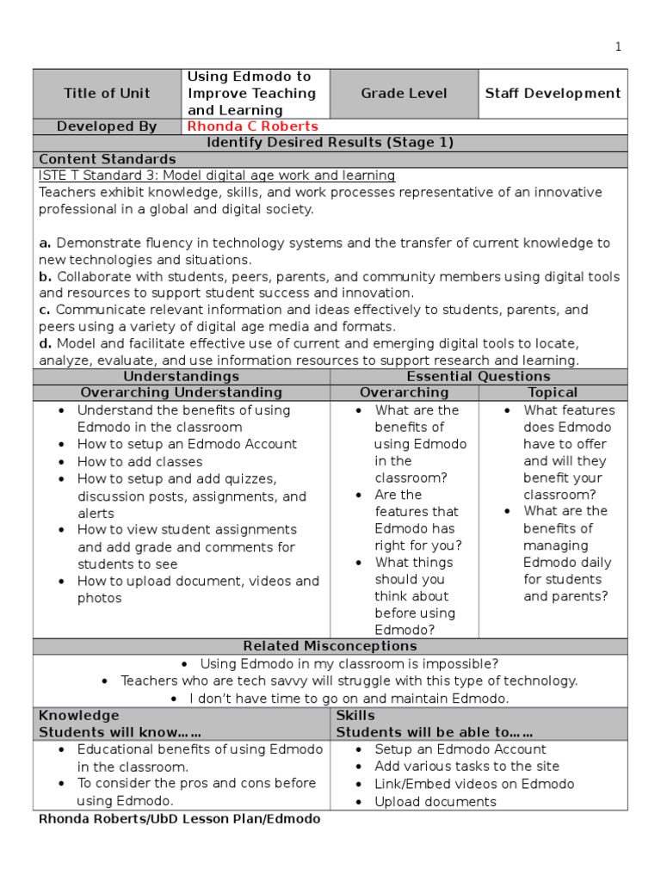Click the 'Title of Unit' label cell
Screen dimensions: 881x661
tap(107, 94)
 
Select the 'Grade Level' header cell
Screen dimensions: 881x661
tap(404, 94)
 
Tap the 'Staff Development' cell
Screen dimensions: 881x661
tap(553, 94)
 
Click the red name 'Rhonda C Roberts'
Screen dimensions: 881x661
tap(252, 126)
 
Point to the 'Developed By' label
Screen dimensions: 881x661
tap(107, 126)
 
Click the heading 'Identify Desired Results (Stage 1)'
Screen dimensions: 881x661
tap(330, 143)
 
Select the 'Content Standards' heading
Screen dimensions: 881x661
tap(108, 159)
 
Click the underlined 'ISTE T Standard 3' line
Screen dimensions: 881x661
tap(217, 176)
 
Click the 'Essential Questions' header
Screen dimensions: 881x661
tap(479, 377)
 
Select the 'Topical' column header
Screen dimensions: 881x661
tap(553, 393)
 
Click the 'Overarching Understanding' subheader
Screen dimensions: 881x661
tap(182, 393)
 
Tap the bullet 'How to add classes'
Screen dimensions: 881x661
tap(139, 462)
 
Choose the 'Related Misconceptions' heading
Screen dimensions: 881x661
tap(330, 646)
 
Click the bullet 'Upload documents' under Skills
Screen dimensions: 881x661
tap(436, 802)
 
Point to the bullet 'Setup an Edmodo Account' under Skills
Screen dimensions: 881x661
tap(460, 749)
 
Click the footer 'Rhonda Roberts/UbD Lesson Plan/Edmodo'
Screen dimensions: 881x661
tap(179, 820)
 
